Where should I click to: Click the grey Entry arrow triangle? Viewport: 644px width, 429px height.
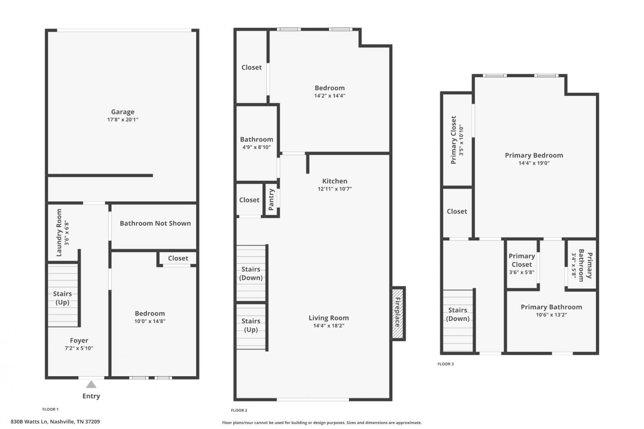(91, 384)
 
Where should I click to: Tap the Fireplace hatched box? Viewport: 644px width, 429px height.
(398, 313)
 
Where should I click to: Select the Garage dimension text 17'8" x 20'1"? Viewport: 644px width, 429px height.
(123, 120)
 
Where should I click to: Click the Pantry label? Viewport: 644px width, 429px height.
(271, 200)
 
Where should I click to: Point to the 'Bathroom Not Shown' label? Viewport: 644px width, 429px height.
(155, 223)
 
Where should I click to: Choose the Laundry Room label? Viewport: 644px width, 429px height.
(59, 233)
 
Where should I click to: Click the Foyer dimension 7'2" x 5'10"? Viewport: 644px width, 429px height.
(79, 348)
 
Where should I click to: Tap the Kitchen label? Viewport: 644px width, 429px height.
(334, 181)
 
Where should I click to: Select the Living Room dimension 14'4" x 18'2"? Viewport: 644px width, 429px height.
(329, 326)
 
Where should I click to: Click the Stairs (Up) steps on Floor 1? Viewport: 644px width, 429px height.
(63, 295)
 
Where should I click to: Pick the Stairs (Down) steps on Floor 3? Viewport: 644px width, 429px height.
(458, 321)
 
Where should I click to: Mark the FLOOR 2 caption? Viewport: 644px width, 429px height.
(239, 410)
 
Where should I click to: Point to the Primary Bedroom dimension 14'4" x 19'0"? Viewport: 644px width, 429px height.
(534, 163)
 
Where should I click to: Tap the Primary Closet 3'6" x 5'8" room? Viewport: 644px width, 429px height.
(522, 264)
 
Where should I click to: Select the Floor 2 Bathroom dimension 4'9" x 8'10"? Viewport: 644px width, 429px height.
(256, 147)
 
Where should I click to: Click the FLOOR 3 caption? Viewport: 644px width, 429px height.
(446, 364)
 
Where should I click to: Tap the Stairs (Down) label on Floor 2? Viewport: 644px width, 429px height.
(251, 274)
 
